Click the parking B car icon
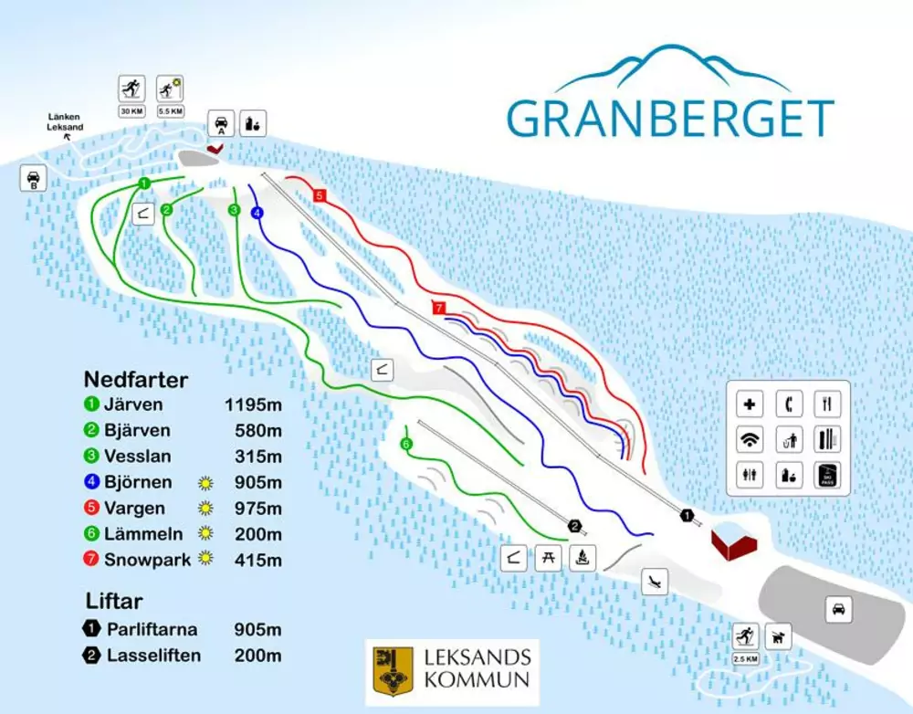[x=33, y=178]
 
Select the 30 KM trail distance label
[x=131, y=111]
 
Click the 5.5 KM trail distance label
[x=170, y=111]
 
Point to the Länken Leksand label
[x=66, y=121]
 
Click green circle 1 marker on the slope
[x=143, y=184]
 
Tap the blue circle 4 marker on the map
[x=257, y=213]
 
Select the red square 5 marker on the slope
[x=320, y=195]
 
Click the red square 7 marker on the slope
[x=438, y=309]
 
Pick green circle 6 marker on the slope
[x=406, y=444]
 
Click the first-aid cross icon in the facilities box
[x=750, y=404]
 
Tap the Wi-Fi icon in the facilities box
[x=750, y=440]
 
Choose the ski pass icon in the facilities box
[x=827, y=476]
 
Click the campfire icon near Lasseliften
[x=582, y=557]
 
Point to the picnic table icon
[x=548, y=557]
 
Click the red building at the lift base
[x=735, y=541]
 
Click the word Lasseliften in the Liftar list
[x=152, y=655]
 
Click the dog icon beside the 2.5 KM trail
[x=780, y=635]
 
